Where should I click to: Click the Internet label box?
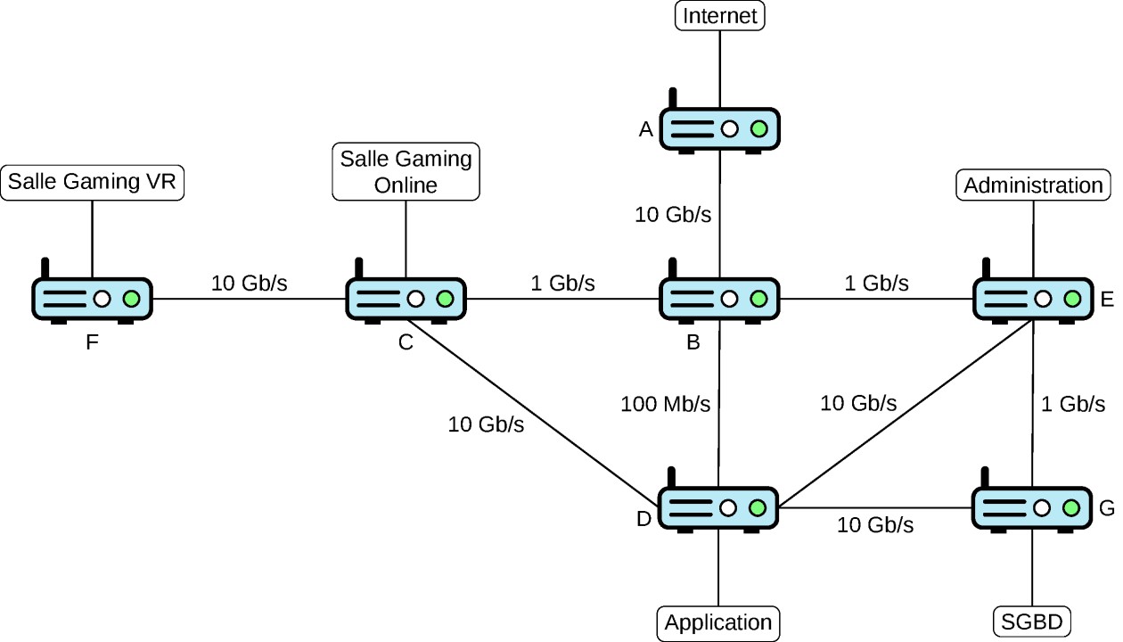(x=719, y=15)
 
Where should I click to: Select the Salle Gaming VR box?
(x=93, y=183)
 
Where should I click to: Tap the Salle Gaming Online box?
(x=406, y=171)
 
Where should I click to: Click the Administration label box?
(x=1033, y=185)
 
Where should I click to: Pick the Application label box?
(x=718, y=623)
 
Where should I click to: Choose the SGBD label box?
(x=1032, y=622)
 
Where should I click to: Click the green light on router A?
(x=759, y=129)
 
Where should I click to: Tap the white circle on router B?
(x=729, y=299)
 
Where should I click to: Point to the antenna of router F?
(x=45, y=268)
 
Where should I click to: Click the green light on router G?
(x=1071, y=508)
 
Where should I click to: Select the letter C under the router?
(x=406, y=342)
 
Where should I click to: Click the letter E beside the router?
(x=1107, y=300)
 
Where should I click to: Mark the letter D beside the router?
(x=643, y=519)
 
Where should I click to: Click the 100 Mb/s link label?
(x=665, y=404)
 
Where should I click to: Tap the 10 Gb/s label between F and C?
(x=250, y=284)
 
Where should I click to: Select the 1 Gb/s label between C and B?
(x=562, y=284)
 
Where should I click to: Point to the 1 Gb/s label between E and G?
(x=1073, y=404)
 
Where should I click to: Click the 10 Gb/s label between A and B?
(x=673, y=215)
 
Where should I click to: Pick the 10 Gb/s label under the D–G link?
(x=875, y=525)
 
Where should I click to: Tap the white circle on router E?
(x=1043, y=299)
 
